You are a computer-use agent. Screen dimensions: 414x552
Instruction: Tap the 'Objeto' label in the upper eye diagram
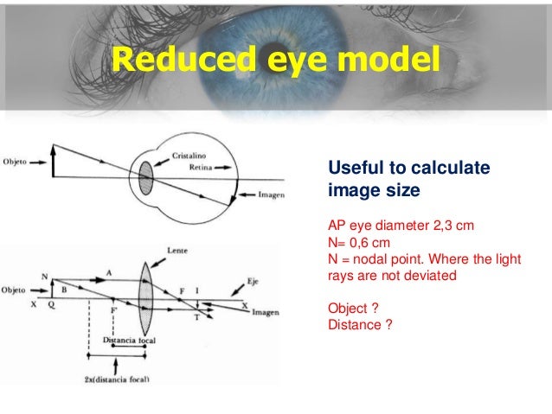point(18,161)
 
